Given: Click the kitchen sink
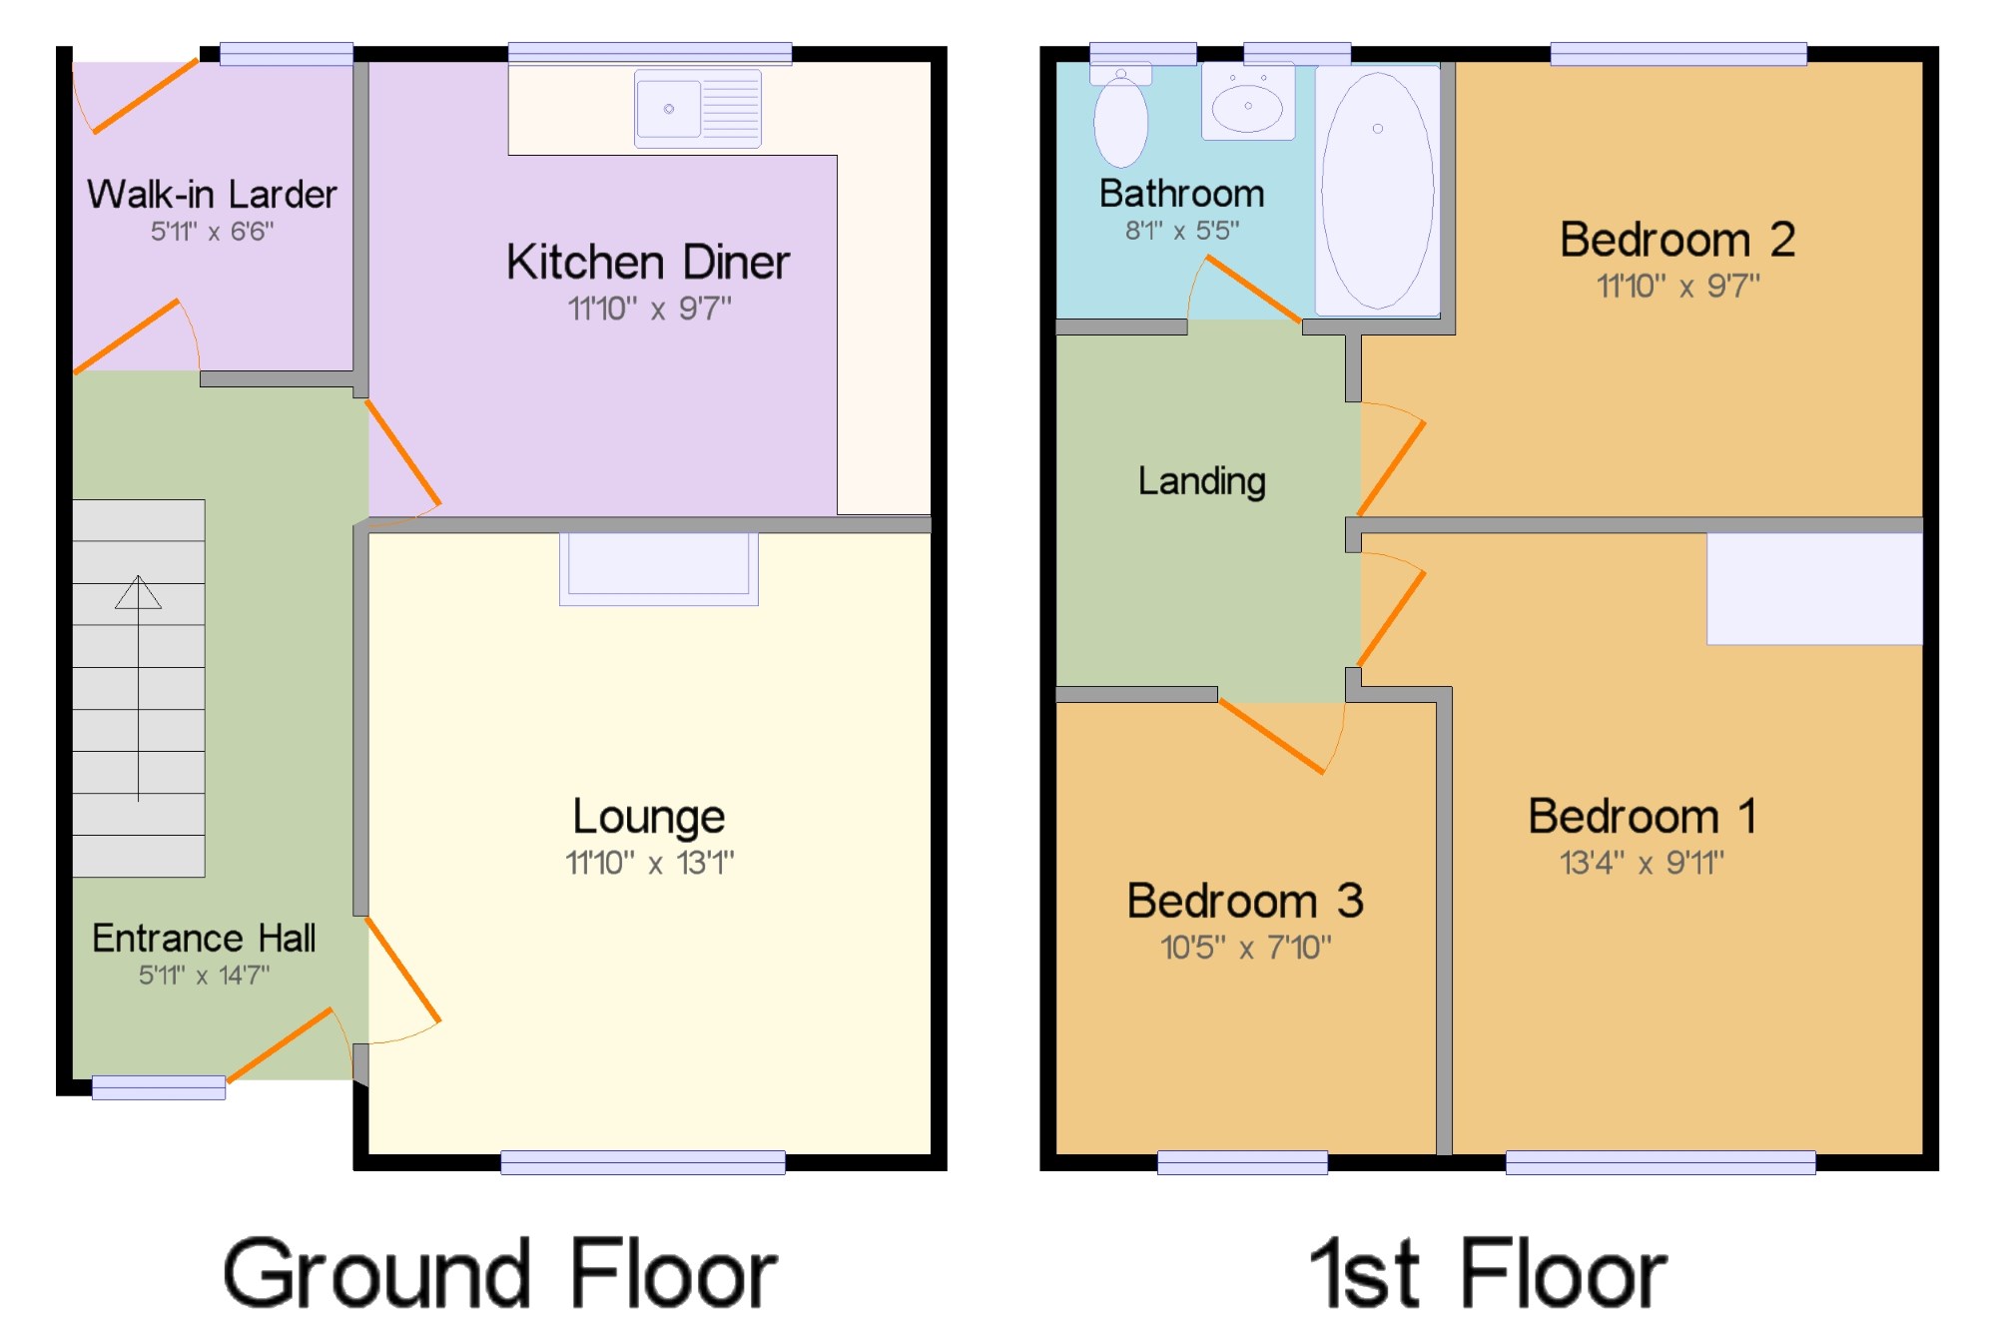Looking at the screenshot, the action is [x=698, y=109].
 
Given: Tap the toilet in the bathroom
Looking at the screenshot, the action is [x=1120, y=115].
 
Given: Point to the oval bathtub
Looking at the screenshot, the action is [x=1378, y=190].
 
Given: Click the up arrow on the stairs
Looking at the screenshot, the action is [x=138, y=688].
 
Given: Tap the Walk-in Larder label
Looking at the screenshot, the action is [x=212, y=194].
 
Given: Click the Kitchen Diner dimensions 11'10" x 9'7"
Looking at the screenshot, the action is [x=650, y=309].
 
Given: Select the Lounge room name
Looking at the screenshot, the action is [x=649, y=817].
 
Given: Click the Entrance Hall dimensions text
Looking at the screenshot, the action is [x=204, y=975].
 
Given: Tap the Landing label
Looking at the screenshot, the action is [x=1202, y=481].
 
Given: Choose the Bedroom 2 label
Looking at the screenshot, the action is [x=1678, y=240].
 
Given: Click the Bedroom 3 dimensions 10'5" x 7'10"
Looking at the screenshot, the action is [x=1246, y=947].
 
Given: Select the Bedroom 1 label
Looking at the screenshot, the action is [x=1643, y=817].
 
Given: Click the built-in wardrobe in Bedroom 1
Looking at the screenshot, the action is [x=1814, y=588].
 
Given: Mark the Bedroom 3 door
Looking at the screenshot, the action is [x=1272, y=737].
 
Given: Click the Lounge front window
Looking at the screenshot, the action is [x=643, y=1162].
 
